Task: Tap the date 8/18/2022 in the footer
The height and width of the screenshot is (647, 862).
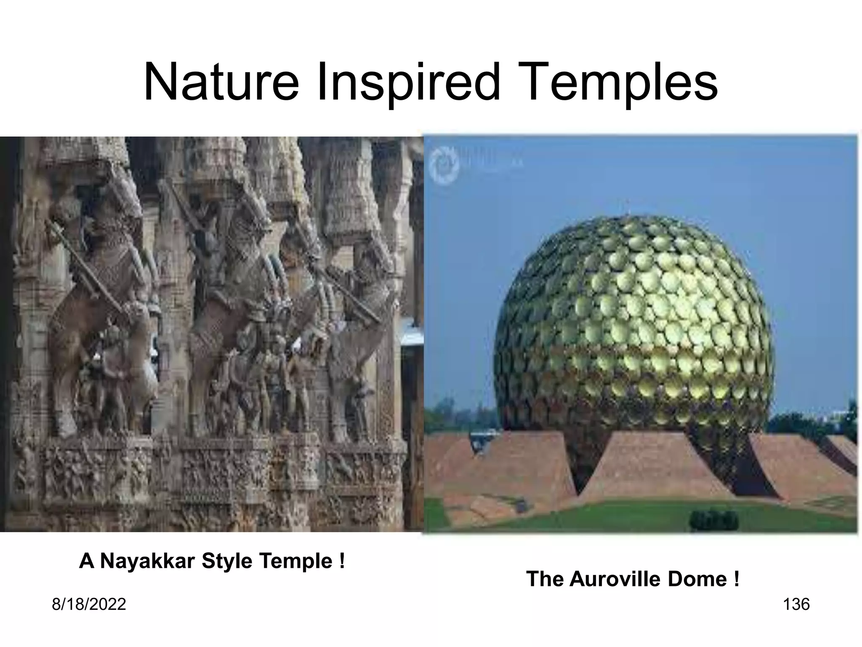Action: pyautogui.click(x=89, y=604)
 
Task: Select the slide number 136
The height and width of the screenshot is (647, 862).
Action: pyautogui.click(x=796, y=604)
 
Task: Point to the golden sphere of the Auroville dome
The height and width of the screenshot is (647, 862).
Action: pyautogui.click(x=633, y=320)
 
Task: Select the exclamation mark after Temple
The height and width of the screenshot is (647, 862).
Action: pyautogui.click(x=341, y=561)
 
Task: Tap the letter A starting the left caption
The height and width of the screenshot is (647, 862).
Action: pyautogui.click(x=86, y=561)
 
